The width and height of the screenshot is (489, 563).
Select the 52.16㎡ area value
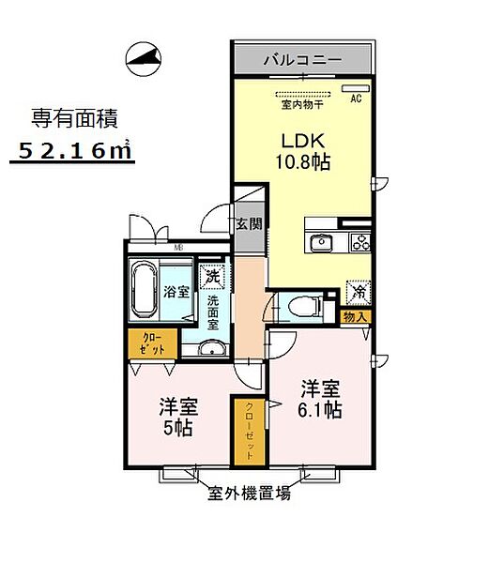(73, 150)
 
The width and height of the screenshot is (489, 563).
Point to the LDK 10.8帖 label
(303, 151)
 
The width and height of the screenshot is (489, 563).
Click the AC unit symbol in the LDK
(359, 89)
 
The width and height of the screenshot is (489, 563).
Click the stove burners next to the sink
(360, 243)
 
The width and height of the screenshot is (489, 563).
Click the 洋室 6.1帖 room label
(320, 398)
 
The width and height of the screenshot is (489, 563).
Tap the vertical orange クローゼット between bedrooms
(250, 430)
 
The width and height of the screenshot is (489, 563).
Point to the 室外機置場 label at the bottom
(249, 494)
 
